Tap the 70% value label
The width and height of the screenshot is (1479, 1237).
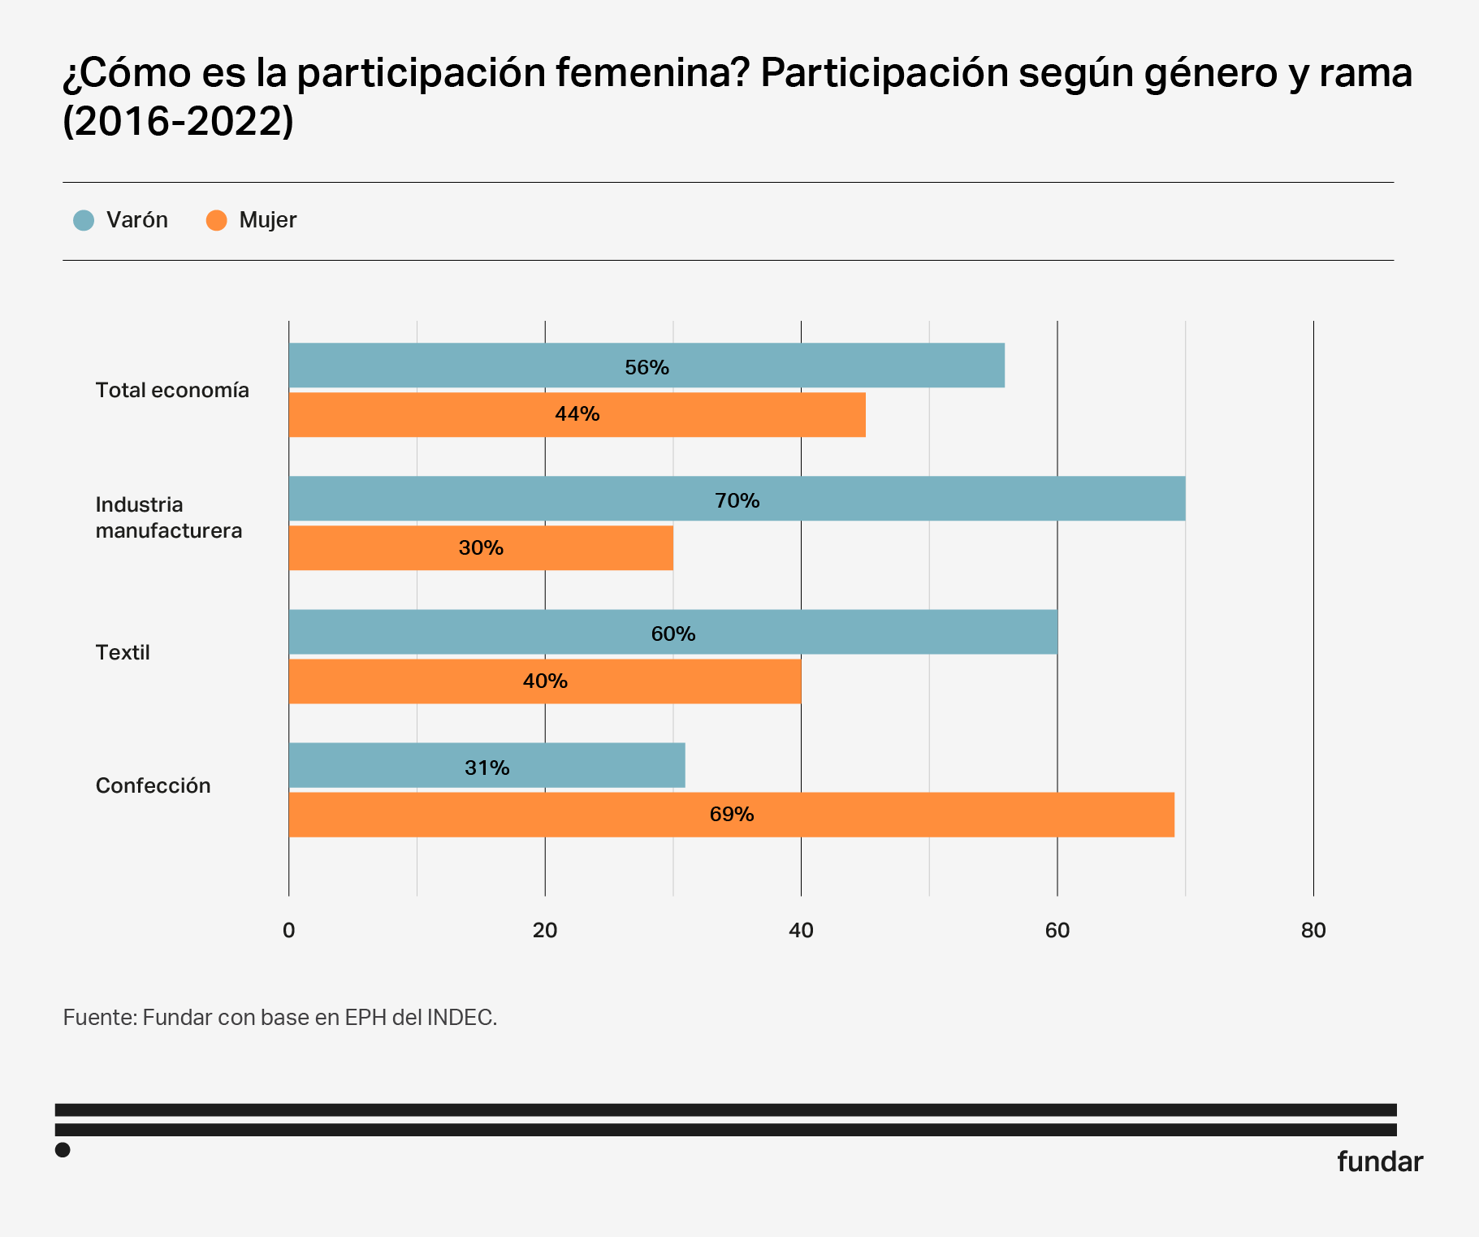[737, 500]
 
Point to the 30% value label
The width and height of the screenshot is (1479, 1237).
[481, 548]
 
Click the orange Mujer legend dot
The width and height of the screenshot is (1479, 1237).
[217, 220]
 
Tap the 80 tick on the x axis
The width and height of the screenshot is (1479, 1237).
[1313, 931]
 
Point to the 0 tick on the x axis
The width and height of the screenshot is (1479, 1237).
[288, 931]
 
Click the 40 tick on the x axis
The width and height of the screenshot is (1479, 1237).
[801, 931]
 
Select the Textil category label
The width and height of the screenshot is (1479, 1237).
[123, 653]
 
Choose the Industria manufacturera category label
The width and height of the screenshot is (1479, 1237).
[168, 517]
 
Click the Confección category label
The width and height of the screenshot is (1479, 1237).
[153, 786]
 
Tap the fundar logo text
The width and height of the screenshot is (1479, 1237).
[1379, 1162]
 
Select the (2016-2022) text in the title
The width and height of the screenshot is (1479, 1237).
[178, 121]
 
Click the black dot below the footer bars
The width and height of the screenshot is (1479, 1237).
[63, 1150]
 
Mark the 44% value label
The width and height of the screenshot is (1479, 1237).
[577, 414]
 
